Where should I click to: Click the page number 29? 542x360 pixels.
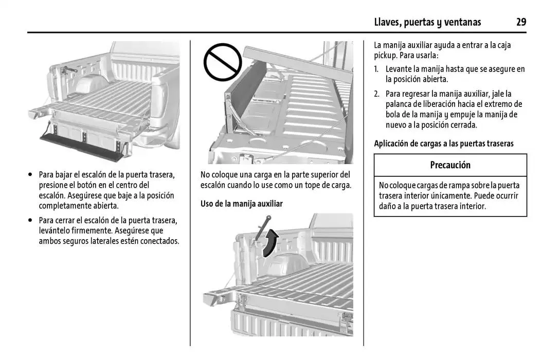pyautogui.click(x=521, y=22)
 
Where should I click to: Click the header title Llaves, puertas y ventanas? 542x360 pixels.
pyautogui.click(x=428, y=23)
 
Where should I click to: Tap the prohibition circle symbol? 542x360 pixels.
pyautogui.click(x=223, y=62)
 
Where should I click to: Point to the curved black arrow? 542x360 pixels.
pyautogui.click(x=270, y=243)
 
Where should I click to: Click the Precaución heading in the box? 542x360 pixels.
pyautogui.click(x=450, y=165)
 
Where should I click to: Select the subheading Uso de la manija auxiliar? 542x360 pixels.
pyautogui.click(x=242, y=204)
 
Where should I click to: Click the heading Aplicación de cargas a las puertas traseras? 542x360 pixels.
pyautogui.click(x=444, y=143)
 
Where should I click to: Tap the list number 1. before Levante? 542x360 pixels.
pyautogui.click(x=376, y=69)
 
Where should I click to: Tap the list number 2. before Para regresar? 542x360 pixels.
pyautogui.click(x=377, y=94)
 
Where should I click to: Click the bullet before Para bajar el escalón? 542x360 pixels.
pyautogui.click(x=31, y=175)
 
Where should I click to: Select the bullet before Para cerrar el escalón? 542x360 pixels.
pyautogui.click(x=31, y=220)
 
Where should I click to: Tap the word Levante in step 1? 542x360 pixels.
pyautogui.click(x=398, y=69)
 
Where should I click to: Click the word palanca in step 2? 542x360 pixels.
pyautogui.click(x=399, y=104)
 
